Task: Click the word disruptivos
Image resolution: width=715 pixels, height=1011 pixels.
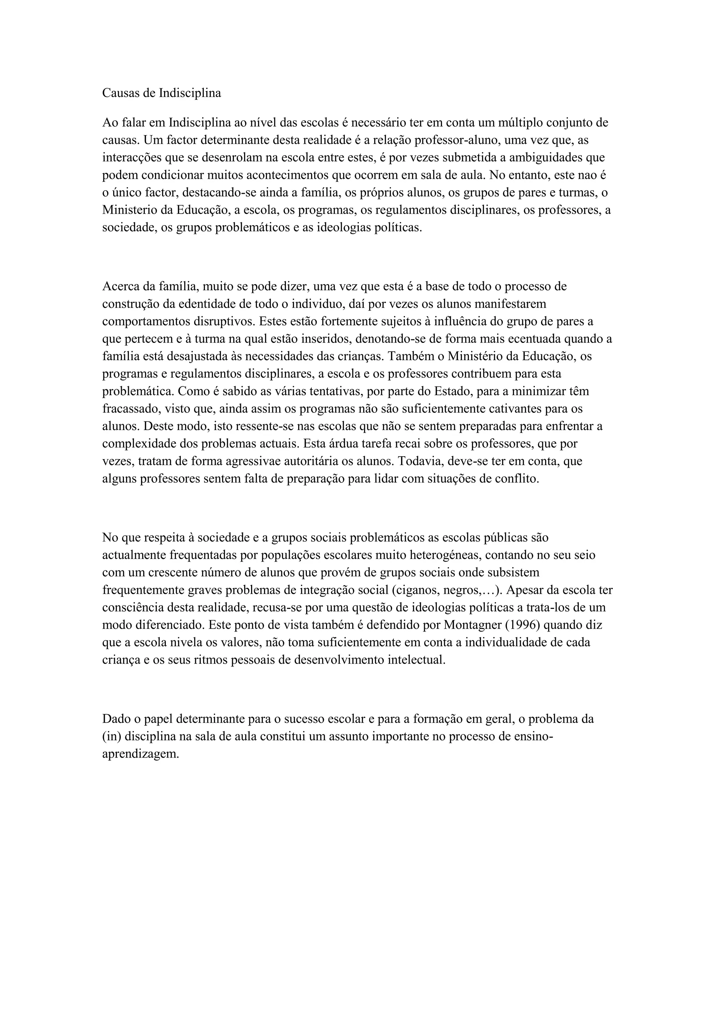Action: coord(224,322)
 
